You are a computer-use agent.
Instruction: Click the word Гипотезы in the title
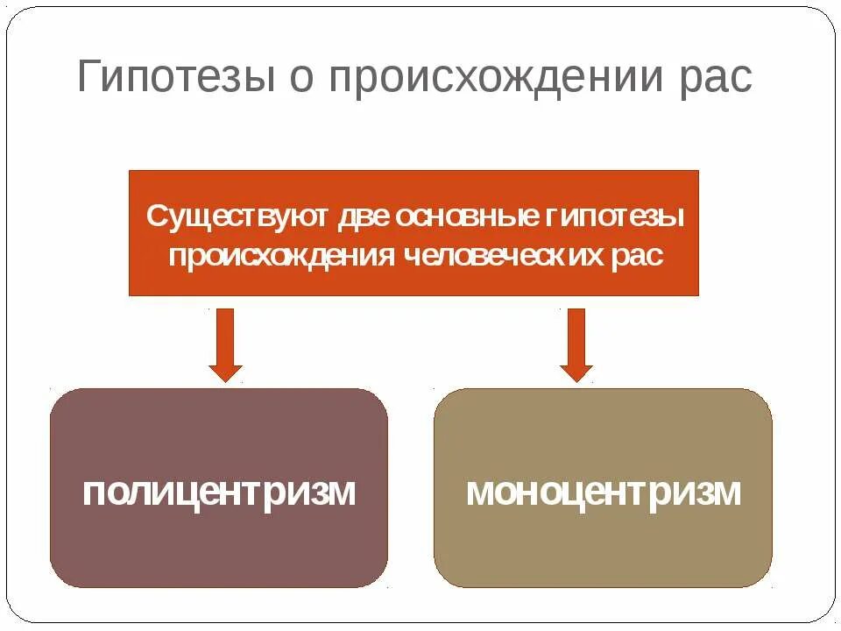click(171, 78)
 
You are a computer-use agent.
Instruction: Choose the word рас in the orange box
click(638, 256)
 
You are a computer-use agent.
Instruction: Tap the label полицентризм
click(219, 492)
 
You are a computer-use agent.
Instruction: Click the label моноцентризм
click(603, 492)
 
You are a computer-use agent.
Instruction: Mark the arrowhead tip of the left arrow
click(226, 380)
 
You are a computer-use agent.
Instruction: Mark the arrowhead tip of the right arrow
click(576, 380)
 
